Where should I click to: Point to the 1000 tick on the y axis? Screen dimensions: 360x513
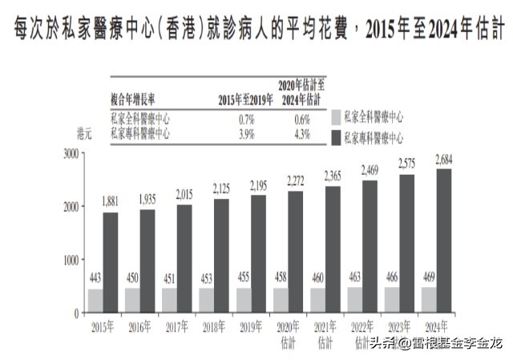(71, 260)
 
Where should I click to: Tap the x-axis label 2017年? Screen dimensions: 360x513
(178, 326)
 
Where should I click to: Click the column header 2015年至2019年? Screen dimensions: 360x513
(245, 99)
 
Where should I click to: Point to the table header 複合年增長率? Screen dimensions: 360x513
(135, 99)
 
